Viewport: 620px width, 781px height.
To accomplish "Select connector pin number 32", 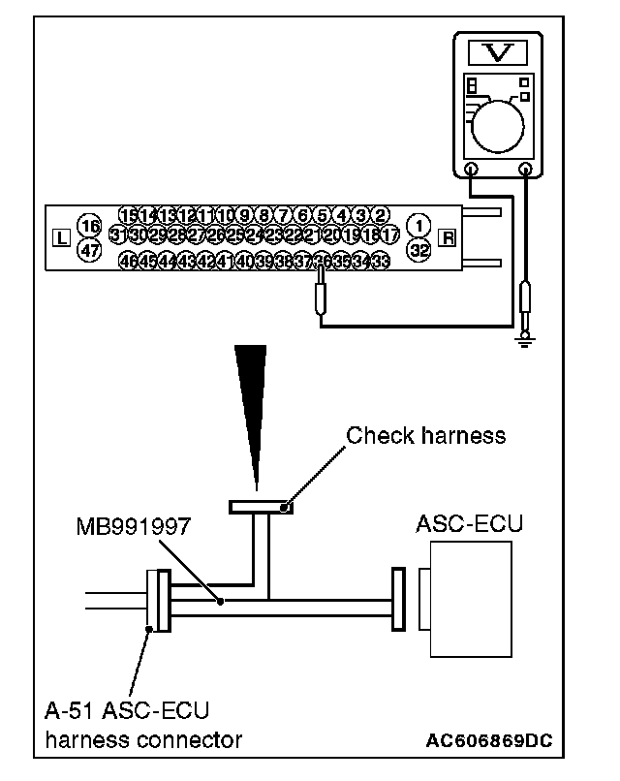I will pyautogui.click(x=419, y=248).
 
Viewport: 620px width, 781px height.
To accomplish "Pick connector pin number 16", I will pyautogui.click(x=89, y=226).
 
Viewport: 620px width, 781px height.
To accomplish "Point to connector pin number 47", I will pyautogui.click(x=89, y=249).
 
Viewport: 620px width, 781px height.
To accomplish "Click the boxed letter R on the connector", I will pyautogui.click(x=448, y=237).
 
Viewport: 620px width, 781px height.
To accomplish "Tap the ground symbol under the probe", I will pyautogui.click(x=527, y=337).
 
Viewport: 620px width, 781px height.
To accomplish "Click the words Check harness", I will pyautogui.click(x=425, y=435).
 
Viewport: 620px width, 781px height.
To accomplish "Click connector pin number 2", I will pyautogui.click(x=382, y=215).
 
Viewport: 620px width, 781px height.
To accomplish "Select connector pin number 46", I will pyautogui.click(x=127, y=261).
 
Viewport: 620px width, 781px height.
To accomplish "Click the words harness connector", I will pyautogui.click(x=143, y=740).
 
